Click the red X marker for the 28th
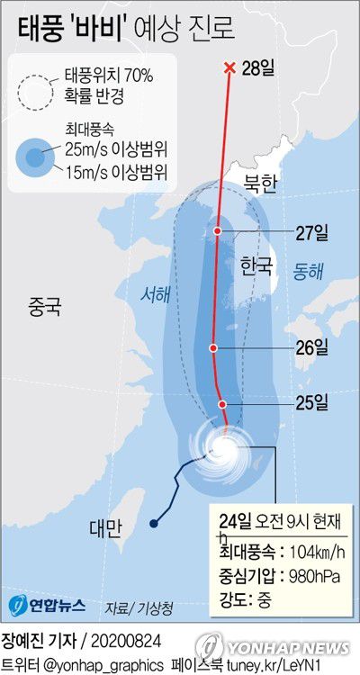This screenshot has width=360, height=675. (x=229, y=67)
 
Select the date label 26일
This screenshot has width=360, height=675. (x=312, y=346)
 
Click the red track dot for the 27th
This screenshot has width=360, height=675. (x=218, y=231)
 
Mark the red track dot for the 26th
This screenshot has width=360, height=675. (x=213, y=347)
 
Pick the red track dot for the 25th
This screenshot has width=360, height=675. (x=223, y=404)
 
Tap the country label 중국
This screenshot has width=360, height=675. (x=43, y=307)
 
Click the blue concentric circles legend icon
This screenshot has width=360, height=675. (x=37, y=157)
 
